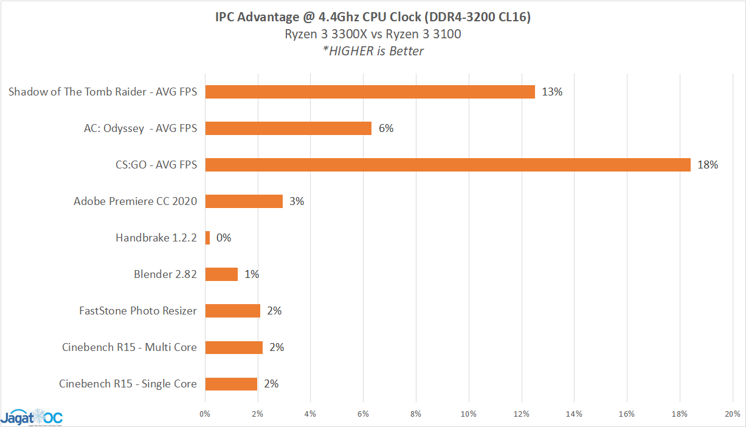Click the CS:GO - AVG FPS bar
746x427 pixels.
tap(447, 165)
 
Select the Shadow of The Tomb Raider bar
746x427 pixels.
tap(370, 92)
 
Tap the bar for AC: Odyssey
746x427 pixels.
tap(288, 128)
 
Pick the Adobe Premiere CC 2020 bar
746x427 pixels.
tap(244, 201)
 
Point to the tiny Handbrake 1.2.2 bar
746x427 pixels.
tap(208, 238)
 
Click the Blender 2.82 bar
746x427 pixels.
tap(221, 274)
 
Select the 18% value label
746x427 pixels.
tap(708, 165)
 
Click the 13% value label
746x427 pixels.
tap(552, 92)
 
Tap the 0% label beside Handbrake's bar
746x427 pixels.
tap(224, 238)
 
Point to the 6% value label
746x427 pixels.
tap(386, 128)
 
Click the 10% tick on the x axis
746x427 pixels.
tap(469, 414)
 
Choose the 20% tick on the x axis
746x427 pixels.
tap(732, 414)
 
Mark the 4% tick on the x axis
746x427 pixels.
tap(311, 414)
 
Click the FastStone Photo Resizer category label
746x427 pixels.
tap(138, 311)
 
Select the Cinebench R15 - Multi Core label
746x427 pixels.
tap(130, 347)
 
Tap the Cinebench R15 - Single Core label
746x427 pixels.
tap(128, 384)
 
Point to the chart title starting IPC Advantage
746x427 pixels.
tap(373, 17)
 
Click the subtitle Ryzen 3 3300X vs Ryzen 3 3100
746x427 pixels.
tap(373, 34)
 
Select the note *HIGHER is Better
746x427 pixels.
tap(373, 51)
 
